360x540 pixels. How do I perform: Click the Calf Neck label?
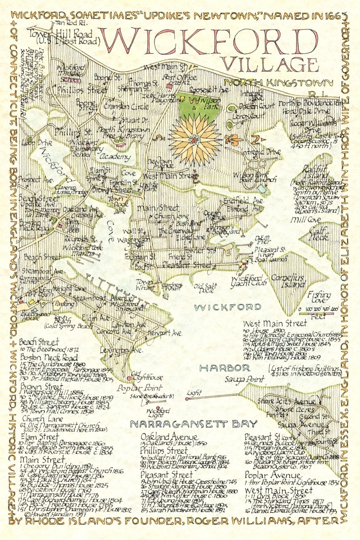(x=319, y=233)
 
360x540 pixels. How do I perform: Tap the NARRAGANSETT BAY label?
(x=194, y=424)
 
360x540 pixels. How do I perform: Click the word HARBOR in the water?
(x=225, y=368)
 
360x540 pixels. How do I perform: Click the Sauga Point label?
(x=244, y=379)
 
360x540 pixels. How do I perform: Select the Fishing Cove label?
(x=319, y=297)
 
